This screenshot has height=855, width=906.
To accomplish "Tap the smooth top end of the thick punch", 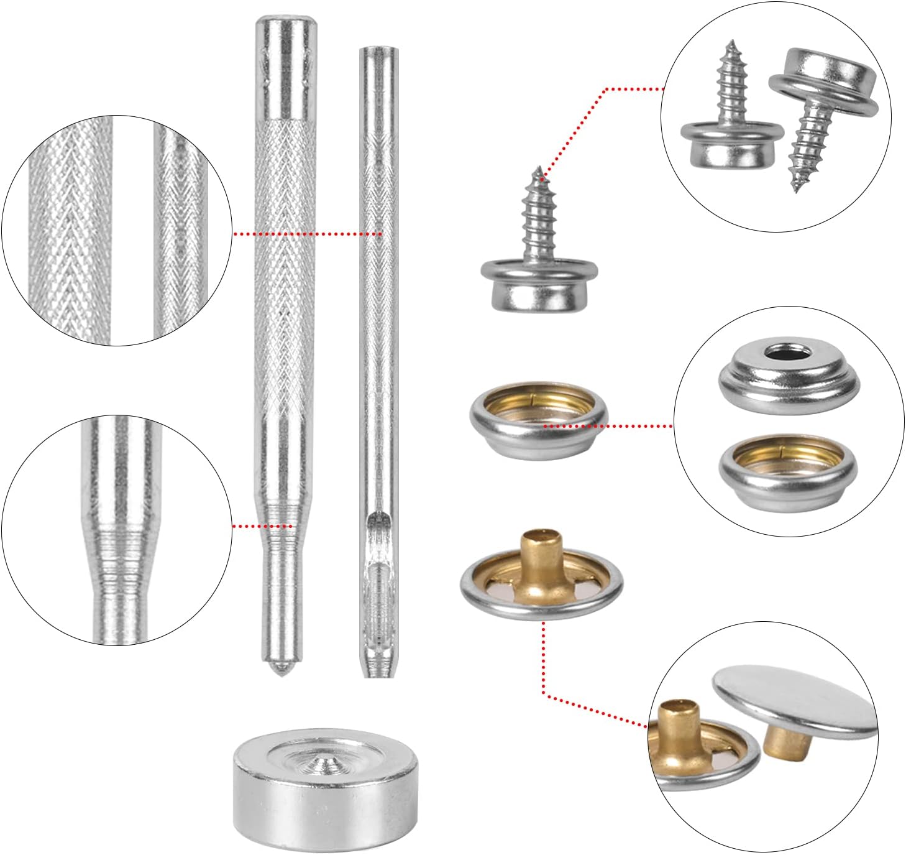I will [283, 28].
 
